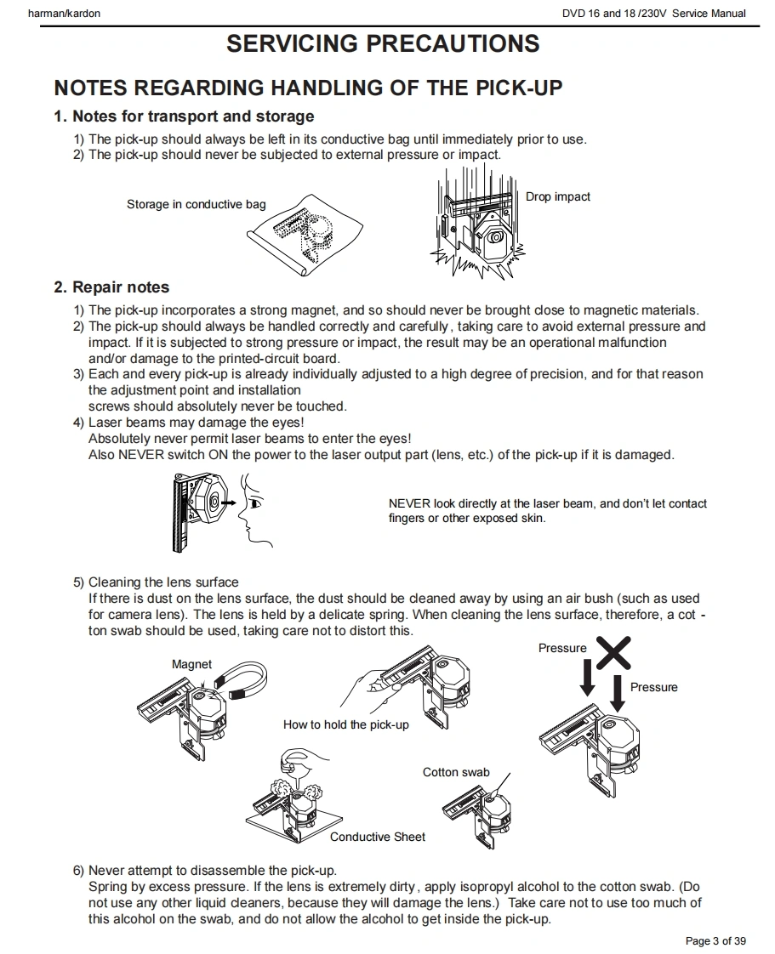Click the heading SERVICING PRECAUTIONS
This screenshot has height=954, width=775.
coord(383,44)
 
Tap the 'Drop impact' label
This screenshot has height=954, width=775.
coord(557,197)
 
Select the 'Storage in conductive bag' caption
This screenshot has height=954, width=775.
coord(197,204)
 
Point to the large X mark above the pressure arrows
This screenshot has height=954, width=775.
coord(613,653)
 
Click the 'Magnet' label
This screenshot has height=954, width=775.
coord(191,664)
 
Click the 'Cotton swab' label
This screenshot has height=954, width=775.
coord(456,772)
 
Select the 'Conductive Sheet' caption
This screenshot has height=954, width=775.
coord(378,837)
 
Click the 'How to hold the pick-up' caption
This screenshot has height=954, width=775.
coord(345,724)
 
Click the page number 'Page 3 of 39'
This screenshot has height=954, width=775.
coord(715,940)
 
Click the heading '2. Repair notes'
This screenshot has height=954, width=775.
coord(111,287)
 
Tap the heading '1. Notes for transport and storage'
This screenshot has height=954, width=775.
coord(184,116)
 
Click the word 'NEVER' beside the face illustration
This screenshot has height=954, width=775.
coord(409,503)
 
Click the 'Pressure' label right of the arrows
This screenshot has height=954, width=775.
coord(653,687)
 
